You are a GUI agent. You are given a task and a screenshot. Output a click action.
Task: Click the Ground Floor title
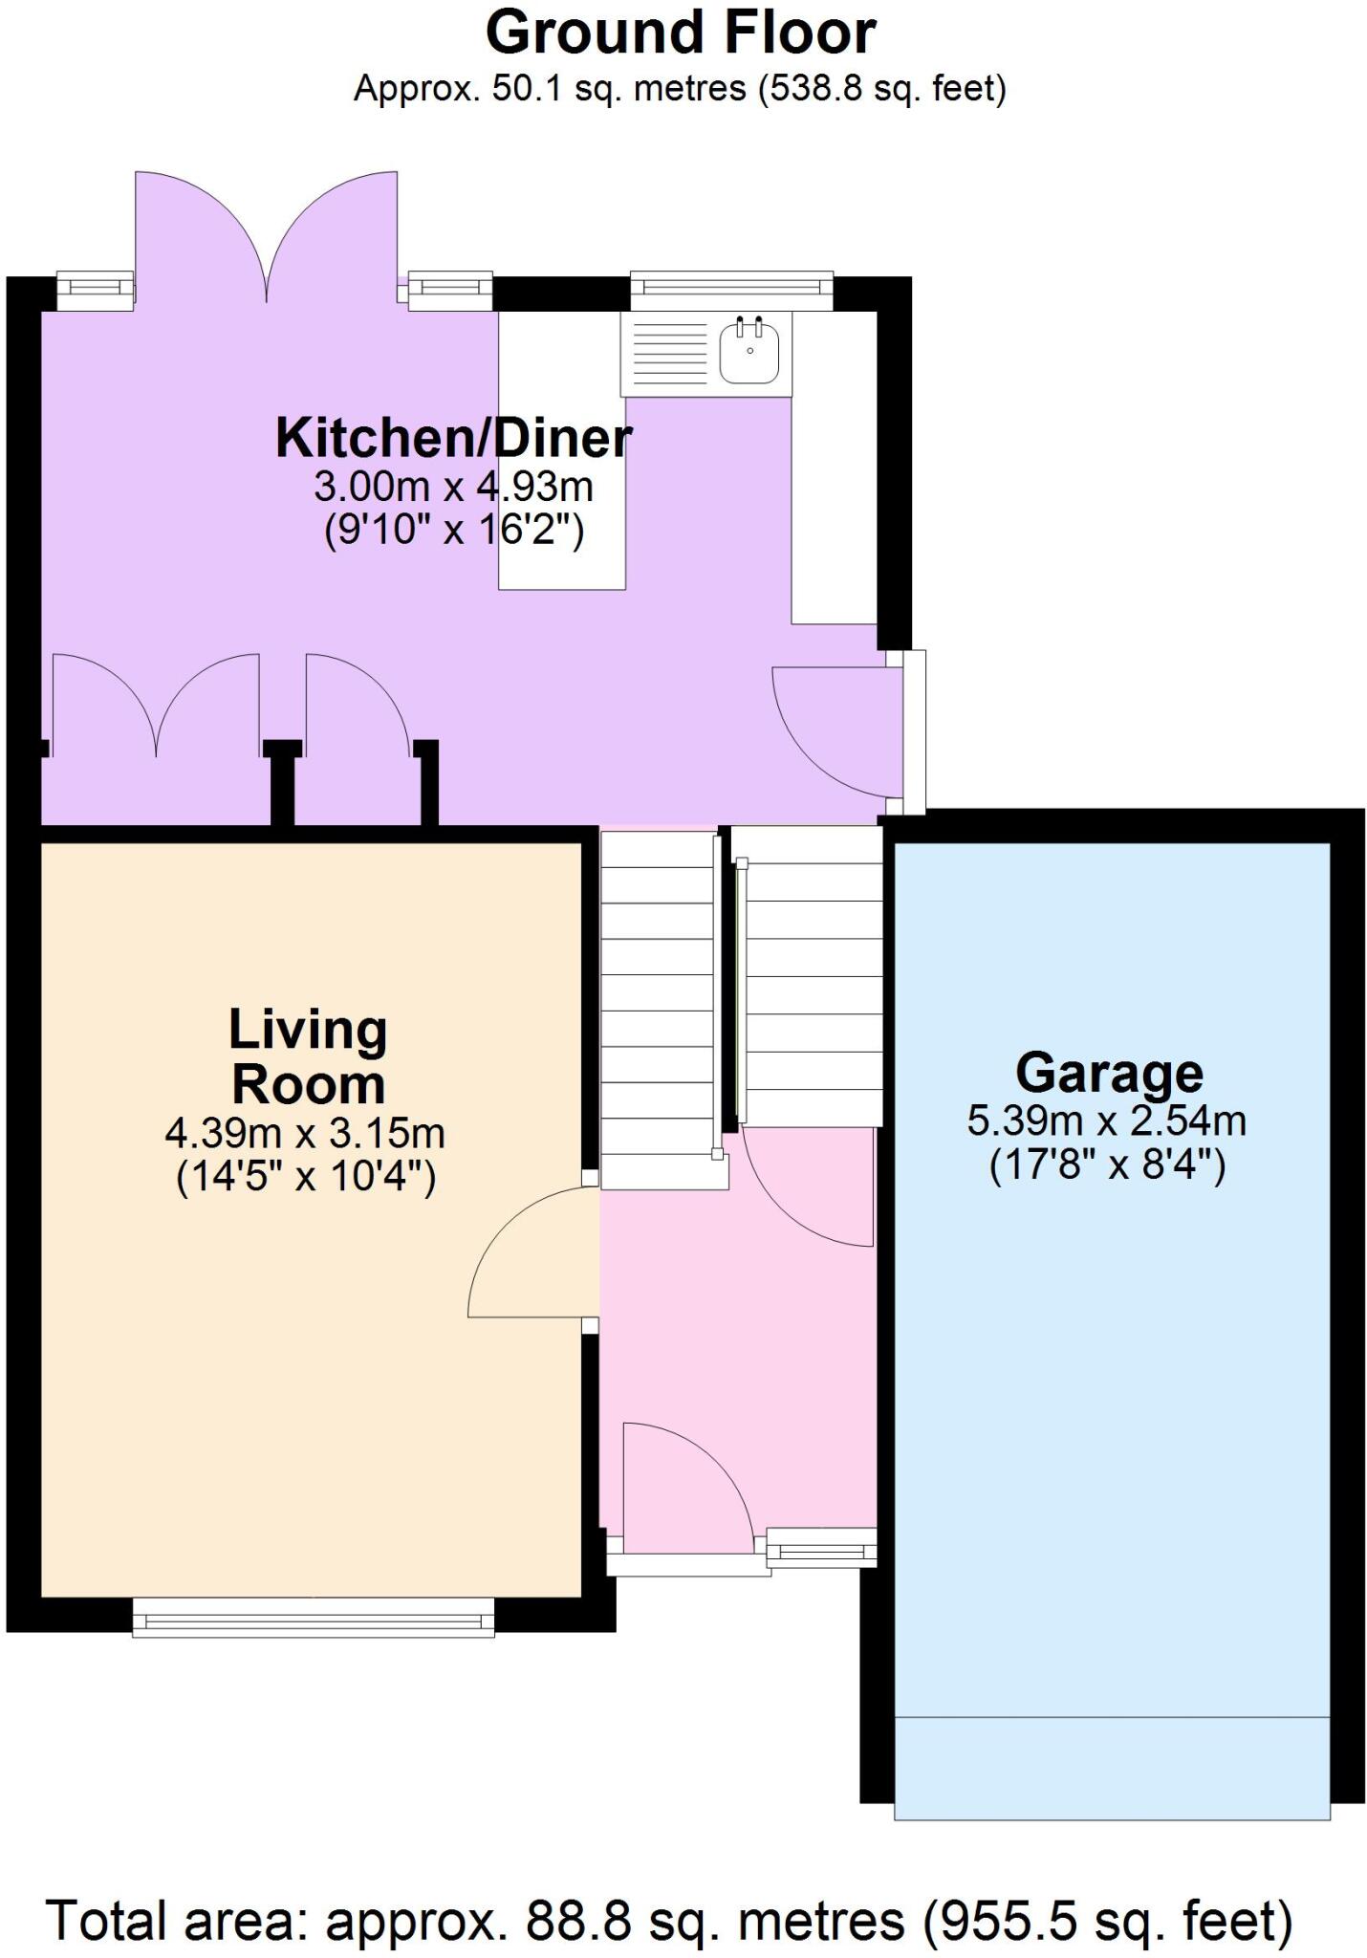(x=681, y=33)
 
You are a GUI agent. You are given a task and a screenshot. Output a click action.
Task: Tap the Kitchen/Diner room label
(x=453, y=438)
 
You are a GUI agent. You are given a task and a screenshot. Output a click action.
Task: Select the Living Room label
(x=308, y=1057)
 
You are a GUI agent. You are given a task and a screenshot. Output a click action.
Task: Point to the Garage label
(x=1109, y=1073)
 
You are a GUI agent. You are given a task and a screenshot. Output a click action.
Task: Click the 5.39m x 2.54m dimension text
(x=1106, y=1120)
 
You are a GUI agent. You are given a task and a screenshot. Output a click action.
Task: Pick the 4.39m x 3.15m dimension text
(x=305, y=1134)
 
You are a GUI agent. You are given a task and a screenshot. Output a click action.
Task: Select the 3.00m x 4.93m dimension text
(x=453, y=487)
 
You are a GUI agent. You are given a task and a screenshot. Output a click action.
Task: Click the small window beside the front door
(x=822, y=1545)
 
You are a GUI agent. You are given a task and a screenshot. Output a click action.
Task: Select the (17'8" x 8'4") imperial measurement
(x=1107, y=1165)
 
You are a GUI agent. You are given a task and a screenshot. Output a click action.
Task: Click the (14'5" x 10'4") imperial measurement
(x=306, y=1178)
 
